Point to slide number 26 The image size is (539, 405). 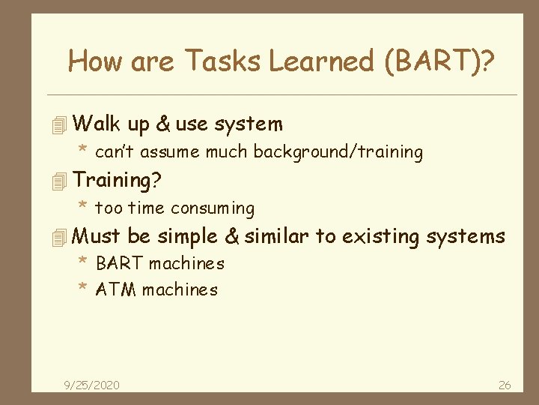click(505, 385)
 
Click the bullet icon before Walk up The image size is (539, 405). click(61, 124)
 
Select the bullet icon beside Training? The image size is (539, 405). click(61, 181)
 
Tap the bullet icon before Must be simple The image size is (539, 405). click(61, 238)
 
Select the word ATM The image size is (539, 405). click(117, 289)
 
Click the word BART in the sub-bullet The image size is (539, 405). click(120, 263)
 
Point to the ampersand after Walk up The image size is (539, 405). click(163, 124)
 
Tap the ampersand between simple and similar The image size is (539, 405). click(232, 237)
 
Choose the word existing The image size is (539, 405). click(380, 237)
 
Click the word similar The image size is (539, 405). click(276, 237)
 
